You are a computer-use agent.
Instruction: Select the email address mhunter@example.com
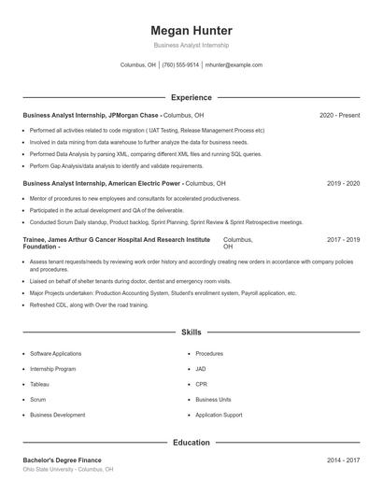[x=234, y=65]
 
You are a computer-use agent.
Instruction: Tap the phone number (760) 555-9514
[x=180, y=65]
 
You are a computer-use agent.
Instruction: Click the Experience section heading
[x=191, y=97]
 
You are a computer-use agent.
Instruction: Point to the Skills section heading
[x=191, y=332]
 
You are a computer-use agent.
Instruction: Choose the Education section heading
[x=191, y=443]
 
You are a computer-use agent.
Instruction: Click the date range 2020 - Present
[x=339, y=115]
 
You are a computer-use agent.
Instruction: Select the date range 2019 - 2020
[x=343, y=184]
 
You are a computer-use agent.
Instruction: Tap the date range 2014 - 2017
[x=343, y=460]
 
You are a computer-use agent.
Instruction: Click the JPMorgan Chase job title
[x=93, y=115]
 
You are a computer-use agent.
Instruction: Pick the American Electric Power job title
[x=103, y=184]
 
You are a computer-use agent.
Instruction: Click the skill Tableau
[x=40, y=384]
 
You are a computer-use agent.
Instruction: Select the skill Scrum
[x=38, y=399]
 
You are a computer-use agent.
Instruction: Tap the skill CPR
[x=202, y=384]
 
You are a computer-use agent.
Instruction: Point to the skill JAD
[x=202, y=369]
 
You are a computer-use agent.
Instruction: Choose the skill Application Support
[x=219, y=414]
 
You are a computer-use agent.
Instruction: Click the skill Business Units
[x=214, y=399]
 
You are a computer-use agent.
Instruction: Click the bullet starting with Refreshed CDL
[x=77, y=305]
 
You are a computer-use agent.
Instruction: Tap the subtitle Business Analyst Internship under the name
[x=191, y=45]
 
